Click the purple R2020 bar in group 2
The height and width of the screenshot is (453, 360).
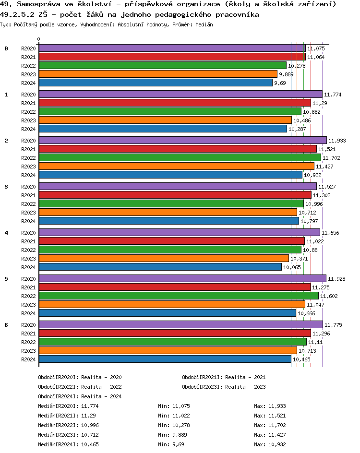point(182,140)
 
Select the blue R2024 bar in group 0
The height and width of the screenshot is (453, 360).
point(156,83)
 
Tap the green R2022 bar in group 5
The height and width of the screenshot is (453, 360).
point(179,296)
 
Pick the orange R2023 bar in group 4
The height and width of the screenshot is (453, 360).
point(164,258)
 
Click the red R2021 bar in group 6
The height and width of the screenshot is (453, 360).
point(175,333)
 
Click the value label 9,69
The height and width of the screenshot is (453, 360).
point(280,83)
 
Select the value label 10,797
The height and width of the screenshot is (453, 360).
point(308,221)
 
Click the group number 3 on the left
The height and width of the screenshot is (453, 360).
point(6,187)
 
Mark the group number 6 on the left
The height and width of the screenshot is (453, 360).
point(6,325)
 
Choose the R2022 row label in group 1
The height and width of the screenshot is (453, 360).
point(28,112)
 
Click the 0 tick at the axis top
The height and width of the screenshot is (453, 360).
point(39,39)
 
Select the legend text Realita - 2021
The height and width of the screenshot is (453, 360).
point(245,377)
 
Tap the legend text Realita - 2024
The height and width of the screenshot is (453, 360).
point(101,396)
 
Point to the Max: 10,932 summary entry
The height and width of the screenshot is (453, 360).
point(270,444)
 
